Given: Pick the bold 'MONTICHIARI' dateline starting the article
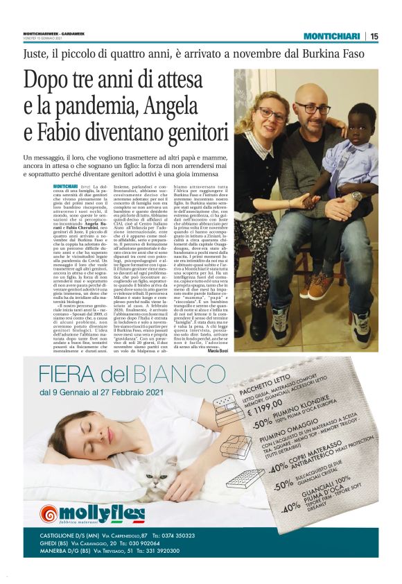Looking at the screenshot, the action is click(x=65, y=187).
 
